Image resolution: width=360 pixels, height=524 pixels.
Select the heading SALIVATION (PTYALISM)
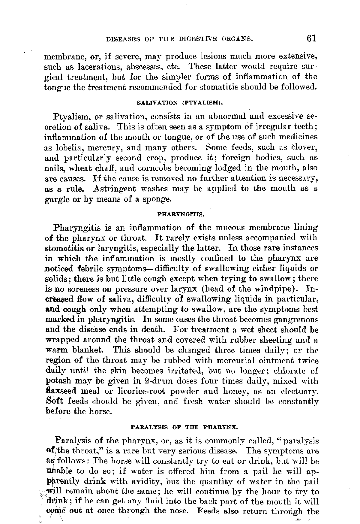[x=180, y=103]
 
